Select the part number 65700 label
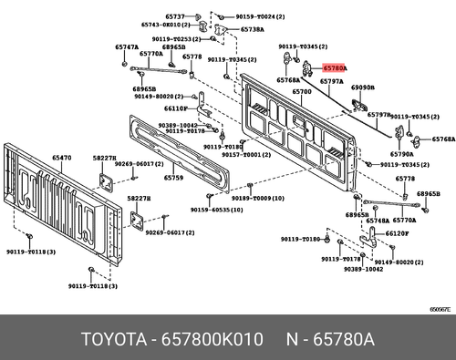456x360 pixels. pyautogui.click(x=303, y=92)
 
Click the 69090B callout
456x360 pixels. pyautogui.click(x=363, y=88)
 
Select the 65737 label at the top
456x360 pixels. pyautogui.click(x=174, y=17)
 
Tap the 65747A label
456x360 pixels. pyautogui.click(x=127, y=46)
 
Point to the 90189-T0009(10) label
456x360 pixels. pyautogui.click(x=252, y=198)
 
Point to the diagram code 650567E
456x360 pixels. pyautogui.click(x=440, y=308)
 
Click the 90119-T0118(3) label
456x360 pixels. pyautogui.click(x=88, y=286)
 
